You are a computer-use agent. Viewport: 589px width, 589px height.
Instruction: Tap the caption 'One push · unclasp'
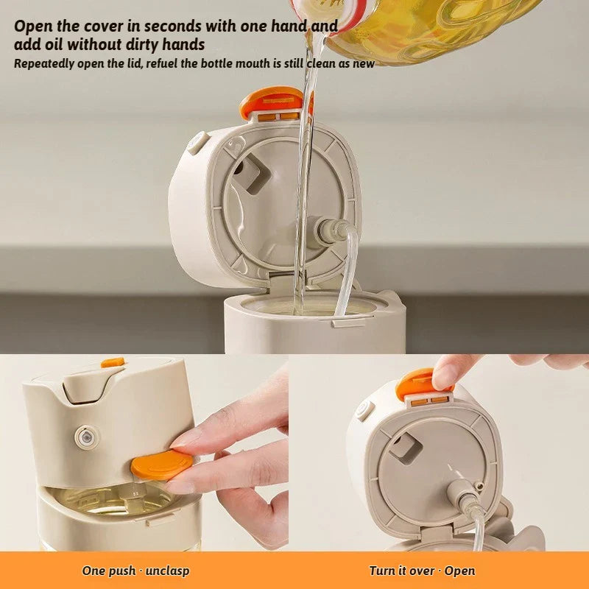point(135,571)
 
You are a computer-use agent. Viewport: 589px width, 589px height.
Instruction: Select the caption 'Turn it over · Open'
point(422,571)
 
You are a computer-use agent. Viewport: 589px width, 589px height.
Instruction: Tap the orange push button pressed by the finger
point(162,465)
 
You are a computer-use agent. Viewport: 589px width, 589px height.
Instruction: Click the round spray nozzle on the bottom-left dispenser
point(87,437)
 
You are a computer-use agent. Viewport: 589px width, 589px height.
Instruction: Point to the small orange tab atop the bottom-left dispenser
point(113,362)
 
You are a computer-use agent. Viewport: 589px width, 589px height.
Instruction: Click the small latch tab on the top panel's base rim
point(348,322)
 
